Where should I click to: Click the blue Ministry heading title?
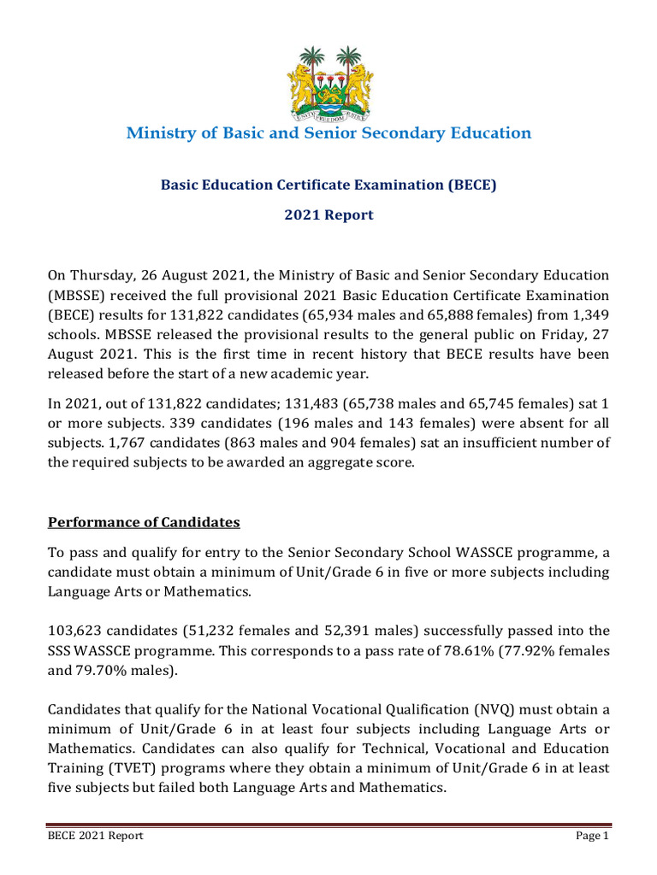click(328, 133)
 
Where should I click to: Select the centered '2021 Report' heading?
click(328, 215)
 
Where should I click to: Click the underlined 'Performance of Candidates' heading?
click(144, 521)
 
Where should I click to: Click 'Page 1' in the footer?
click(591, 836)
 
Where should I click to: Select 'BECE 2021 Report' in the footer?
click(95, 836)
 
